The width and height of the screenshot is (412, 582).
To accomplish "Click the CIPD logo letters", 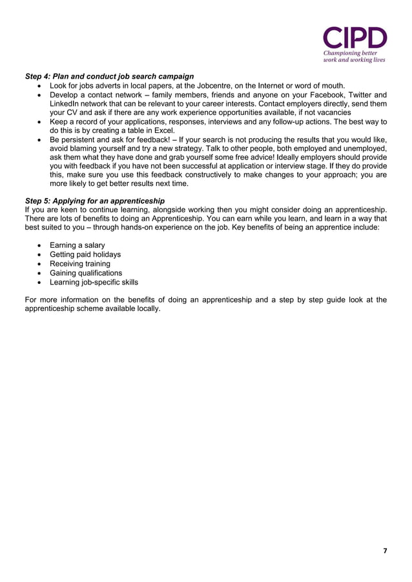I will pos(355,37).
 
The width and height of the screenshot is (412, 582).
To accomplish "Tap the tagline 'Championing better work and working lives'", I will pos(355,55).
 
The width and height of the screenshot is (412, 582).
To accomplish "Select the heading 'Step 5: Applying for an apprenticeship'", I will pos(94,201).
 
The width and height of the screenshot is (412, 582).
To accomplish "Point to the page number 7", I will pos(386,550).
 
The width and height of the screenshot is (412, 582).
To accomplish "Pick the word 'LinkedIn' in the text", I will pos(65,103).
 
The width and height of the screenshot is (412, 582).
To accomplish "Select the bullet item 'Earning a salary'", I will pos(77,245).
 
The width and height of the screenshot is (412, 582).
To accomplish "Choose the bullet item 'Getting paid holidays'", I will pos(85,254).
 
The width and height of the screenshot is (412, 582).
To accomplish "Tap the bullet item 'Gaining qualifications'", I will pos(86,273).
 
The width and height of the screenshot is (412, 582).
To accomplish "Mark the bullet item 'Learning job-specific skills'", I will pos(94,282).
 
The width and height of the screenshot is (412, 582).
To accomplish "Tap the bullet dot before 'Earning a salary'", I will pos(41,246).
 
